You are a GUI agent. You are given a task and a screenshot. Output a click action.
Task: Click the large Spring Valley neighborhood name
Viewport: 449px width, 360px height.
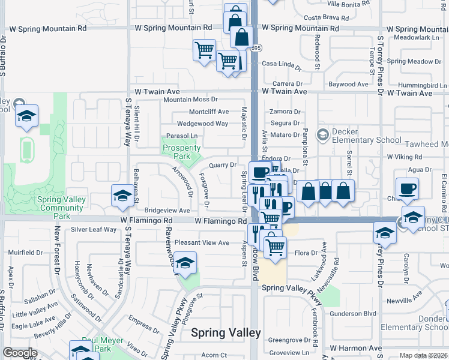pyautogui.click(x=226, y=333)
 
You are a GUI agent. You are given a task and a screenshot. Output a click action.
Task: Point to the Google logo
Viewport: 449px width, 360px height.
pyautogui.click(x=20, y=353)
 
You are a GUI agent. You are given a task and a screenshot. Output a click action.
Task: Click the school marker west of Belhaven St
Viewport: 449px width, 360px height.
pyautogui.click(x=122, y=196)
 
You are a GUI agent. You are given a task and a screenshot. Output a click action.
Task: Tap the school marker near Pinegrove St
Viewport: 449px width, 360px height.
pyautogui.click(x=185, y=263)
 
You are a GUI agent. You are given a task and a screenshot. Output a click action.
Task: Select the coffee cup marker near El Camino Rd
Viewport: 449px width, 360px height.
pyautogui.click(x=406, y=188)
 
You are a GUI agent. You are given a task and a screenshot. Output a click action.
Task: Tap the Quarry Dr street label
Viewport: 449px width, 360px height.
pyautogui.click(x=222, y=165)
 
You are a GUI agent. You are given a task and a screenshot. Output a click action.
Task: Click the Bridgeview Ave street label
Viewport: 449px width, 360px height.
pyautogui.click(x=167, y=211)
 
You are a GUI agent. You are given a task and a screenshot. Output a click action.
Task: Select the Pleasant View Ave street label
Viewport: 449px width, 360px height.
pyautogui.click(x=202, y=242)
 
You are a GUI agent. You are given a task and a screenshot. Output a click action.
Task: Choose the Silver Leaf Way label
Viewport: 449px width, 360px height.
pyautogui.click(x=94, y=229)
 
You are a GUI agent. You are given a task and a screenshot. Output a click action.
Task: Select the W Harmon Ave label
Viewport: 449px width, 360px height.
pyautogui.click(x=355, y=348)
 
